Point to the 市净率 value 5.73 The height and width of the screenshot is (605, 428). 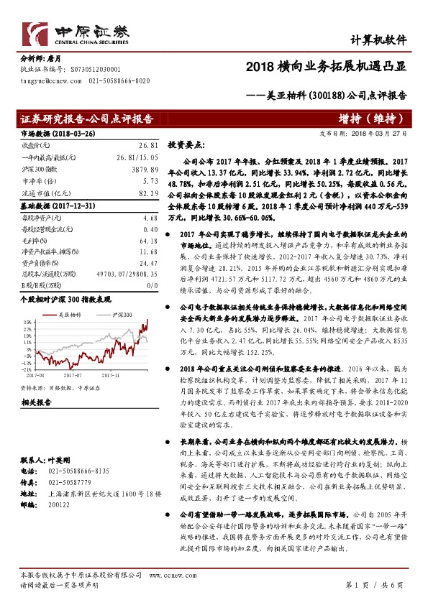point(150,182)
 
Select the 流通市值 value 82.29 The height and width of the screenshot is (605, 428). point(148,194)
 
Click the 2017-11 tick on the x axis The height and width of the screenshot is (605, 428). point(109,374)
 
